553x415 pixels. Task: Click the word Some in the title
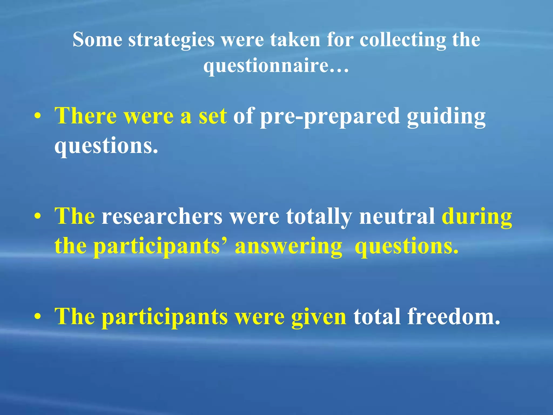97,39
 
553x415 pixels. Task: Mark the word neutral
397,216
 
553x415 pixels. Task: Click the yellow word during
477,217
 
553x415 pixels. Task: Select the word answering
288,247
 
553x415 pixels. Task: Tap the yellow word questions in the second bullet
407,247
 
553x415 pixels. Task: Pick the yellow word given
319,317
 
